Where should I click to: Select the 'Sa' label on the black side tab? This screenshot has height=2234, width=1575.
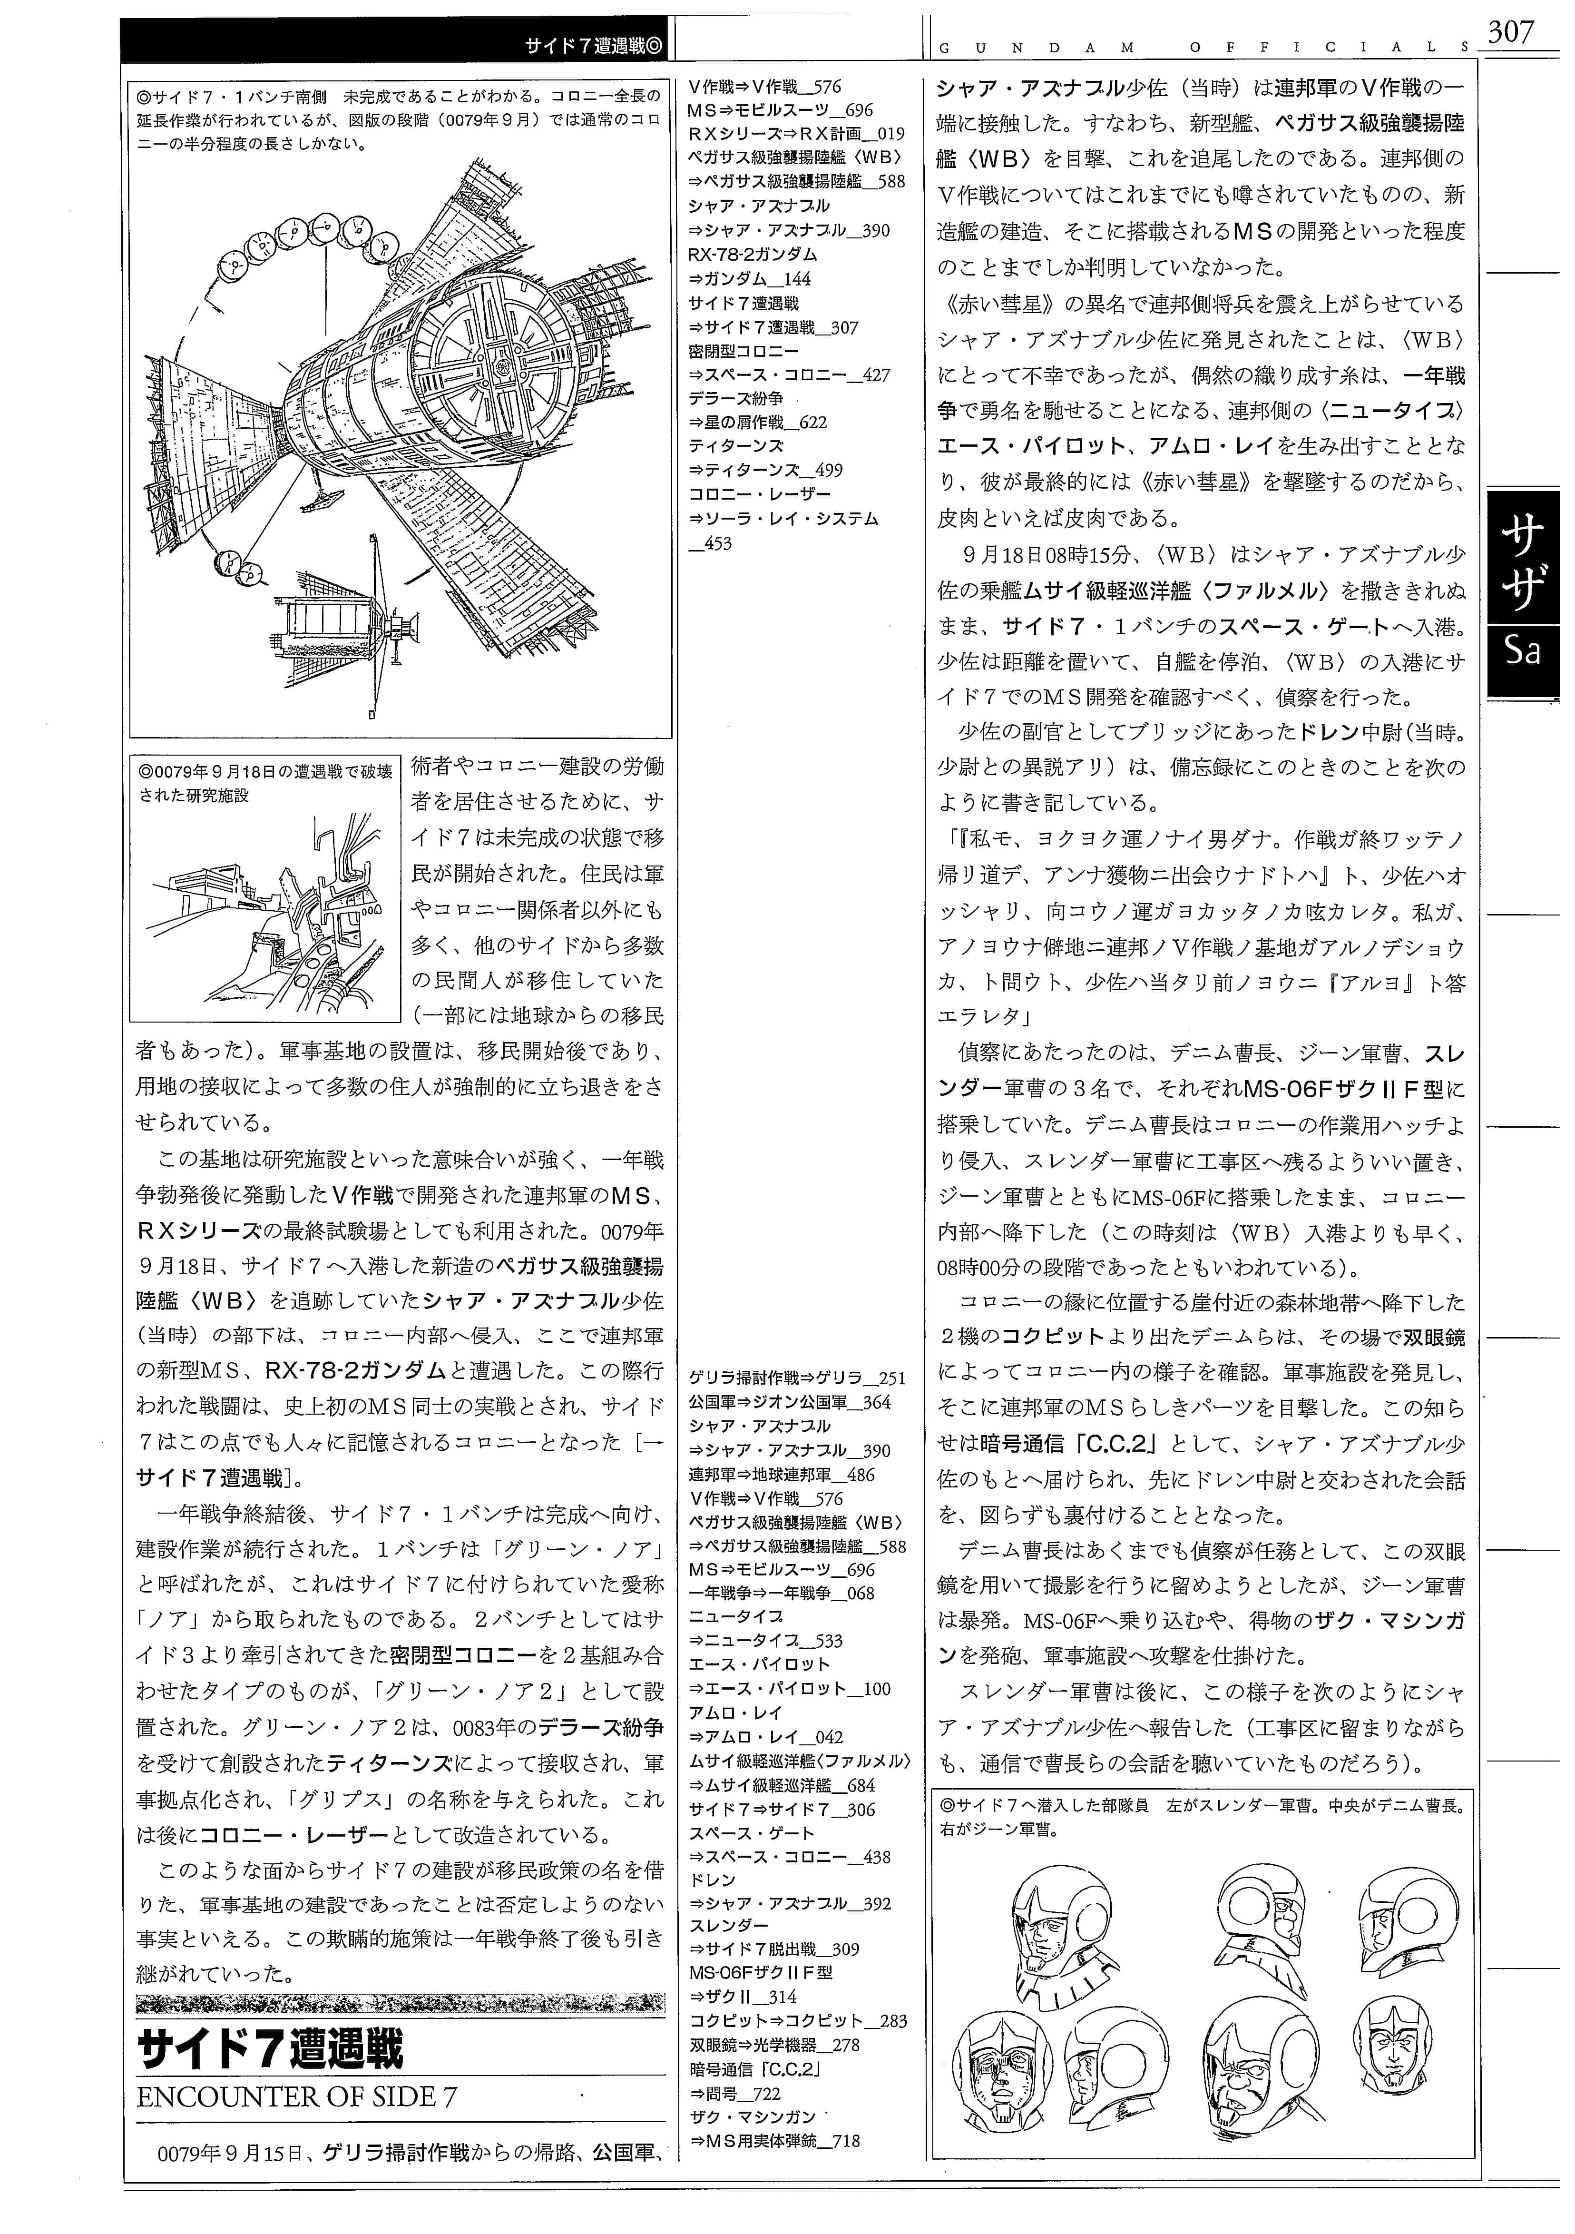[x=1523, y=650]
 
